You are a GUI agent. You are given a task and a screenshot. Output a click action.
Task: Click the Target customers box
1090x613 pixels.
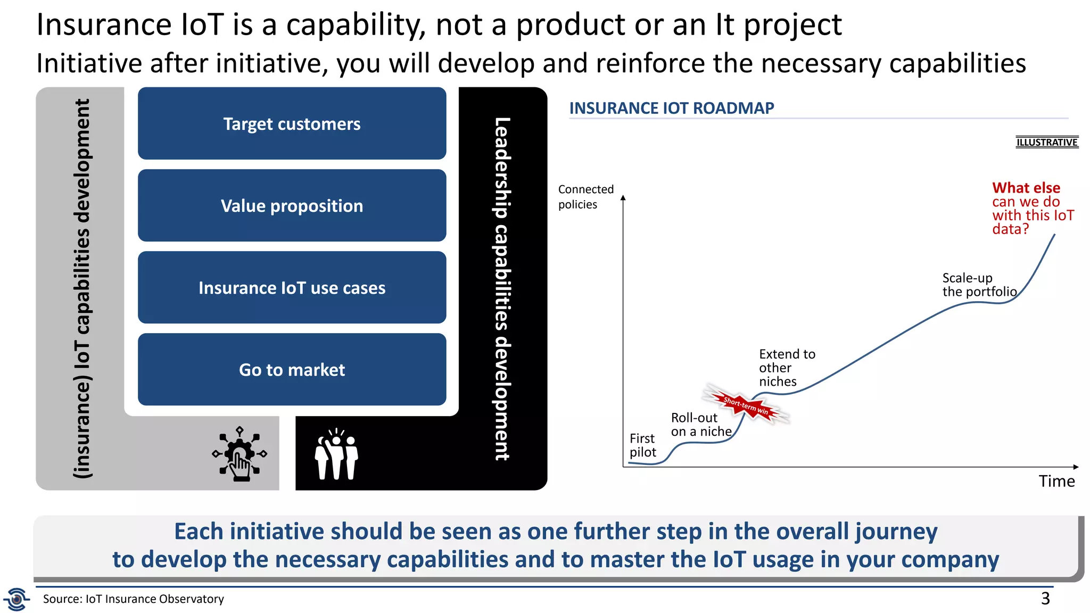pos(292,123)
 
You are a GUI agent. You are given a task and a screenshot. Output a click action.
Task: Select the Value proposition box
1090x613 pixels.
pos(292,205)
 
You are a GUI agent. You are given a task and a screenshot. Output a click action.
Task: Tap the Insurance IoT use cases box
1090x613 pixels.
pos(292,287)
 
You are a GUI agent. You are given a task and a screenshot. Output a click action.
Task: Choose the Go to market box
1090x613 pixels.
pos(292,369)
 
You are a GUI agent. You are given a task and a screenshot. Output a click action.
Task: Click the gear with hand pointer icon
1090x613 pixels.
pos(240,454)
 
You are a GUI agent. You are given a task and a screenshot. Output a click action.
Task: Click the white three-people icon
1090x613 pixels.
pos(336,455)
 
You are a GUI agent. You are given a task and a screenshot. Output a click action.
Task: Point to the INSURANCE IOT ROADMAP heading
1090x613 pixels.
pos(671,108)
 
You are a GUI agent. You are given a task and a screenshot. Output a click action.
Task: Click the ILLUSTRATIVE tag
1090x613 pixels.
pos(1046,142)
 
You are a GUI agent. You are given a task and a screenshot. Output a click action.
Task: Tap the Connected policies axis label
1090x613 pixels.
pos(585,196)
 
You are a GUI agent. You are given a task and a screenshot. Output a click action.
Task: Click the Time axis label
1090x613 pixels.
pos(1056,481)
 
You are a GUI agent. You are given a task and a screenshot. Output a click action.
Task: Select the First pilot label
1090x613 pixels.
pos(642,445)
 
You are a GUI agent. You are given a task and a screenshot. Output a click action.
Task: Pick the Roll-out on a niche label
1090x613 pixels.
pos(701,425)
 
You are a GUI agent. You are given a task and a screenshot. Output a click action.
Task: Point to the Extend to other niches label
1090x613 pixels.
pos(786,368)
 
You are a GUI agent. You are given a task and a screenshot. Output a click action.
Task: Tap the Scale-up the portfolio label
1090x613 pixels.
pos(979,285)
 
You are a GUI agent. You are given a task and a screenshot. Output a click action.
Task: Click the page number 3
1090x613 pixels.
pos(1045,598)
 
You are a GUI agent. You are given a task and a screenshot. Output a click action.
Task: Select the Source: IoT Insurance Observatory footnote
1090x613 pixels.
pos(133,599)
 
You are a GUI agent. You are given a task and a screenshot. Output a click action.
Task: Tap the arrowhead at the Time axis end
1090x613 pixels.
pos(1076,467)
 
